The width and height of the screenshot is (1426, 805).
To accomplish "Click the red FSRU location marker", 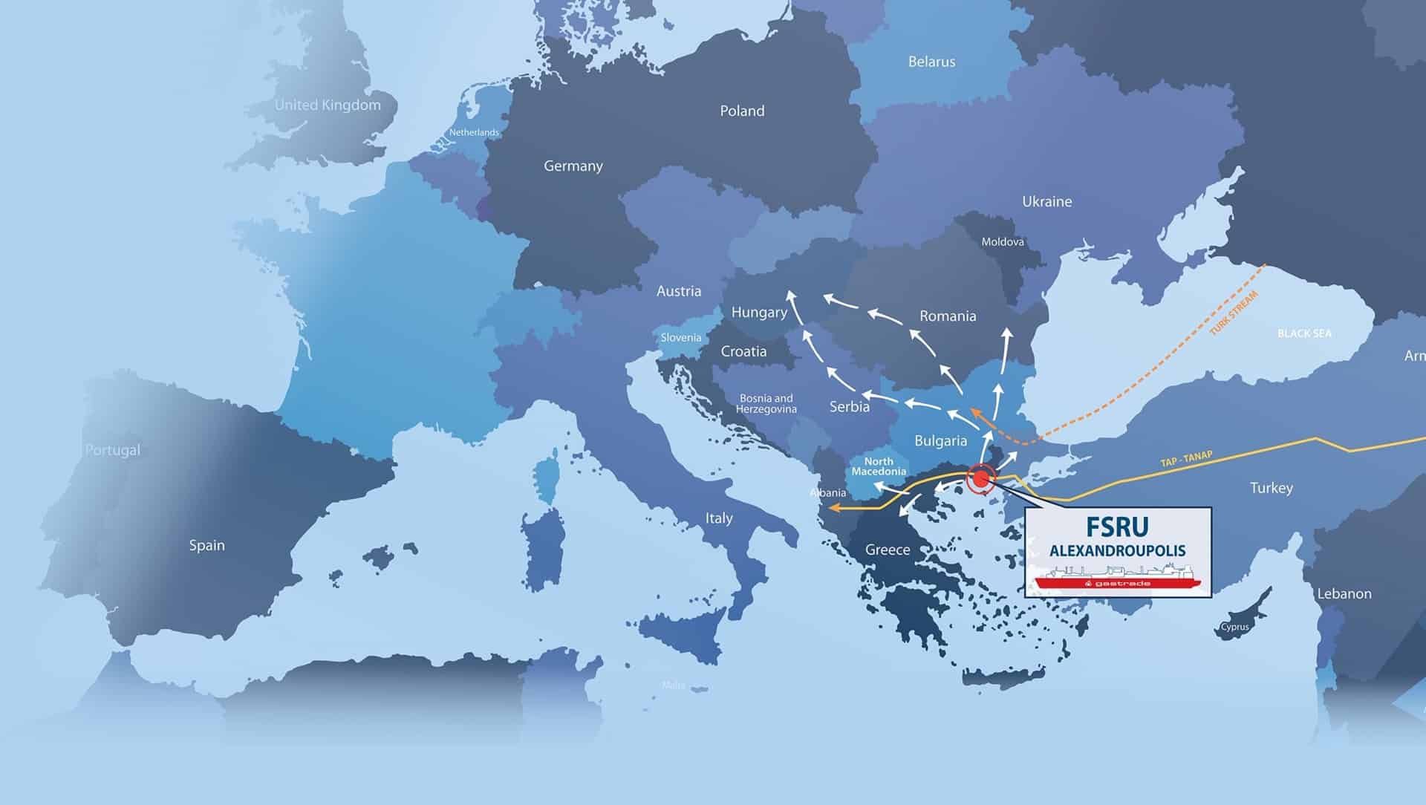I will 981,479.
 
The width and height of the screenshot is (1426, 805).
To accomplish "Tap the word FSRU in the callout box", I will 1117,527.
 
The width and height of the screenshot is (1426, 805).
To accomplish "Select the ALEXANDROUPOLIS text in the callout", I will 1117,551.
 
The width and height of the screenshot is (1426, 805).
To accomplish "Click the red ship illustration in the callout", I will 1117,580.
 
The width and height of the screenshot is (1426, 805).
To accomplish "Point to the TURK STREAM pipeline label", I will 1234,313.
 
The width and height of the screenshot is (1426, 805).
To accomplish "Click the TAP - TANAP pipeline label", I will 1186,460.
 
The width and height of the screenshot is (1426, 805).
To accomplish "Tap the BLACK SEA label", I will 1304,333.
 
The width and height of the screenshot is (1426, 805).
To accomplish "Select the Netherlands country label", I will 474,133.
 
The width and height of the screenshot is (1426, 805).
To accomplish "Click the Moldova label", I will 1002,242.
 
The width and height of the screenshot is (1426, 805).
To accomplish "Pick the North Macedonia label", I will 879,466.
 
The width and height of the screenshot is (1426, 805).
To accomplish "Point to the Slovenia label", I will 680,338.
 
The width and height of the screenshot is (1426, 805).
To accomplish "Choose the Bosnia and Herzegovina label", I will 766,404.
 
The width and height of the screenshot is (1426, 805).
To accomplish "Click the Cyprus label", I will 1234,627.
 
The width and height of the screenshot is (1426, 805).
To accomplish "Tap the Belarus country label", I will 931,62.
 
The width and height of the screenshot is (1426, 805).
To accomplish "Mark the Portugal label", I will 112,450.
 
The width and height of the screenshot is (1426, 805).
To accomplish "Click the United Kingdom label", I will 328,105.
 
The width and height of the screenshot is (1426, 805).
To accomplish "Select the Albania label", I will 827,493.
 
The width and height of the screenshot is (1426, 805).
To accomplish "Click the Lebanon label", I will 1344,594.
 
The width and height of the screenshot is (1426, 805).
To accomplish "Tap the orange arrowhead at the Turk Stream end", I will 975,413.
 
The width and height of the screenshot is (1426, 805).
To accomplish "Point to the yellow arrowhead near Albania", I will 833,509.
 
